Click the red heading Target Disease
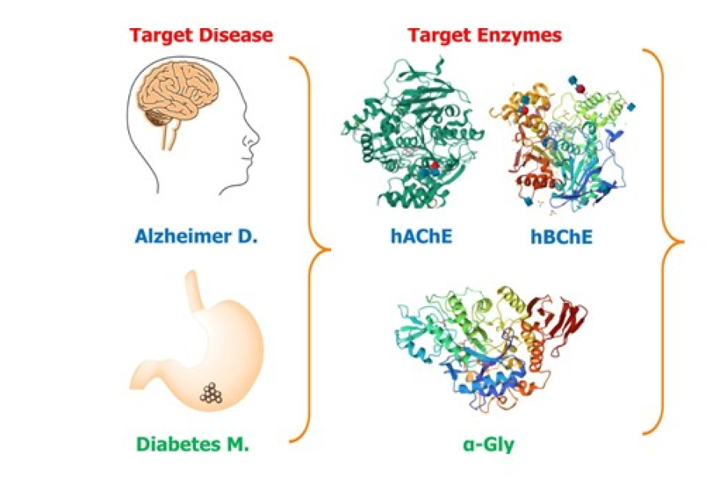[201, 35]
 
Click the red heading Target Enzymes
[485, 35]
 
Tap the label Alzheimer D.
[197, 236]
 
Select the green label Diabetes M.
[193, 444]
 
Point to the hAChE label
[422, 236]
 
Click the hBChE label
[561, 237]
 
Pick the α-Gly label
[489, 444]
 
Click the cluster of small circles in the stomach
[211, 393]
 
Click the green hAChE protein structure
[412, 134]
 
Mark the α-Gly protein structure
[491, 347]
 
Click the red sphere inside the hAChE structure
[434, 166]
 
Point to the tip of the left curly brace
[330, 250]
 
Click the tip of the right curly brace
[683, 241]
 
